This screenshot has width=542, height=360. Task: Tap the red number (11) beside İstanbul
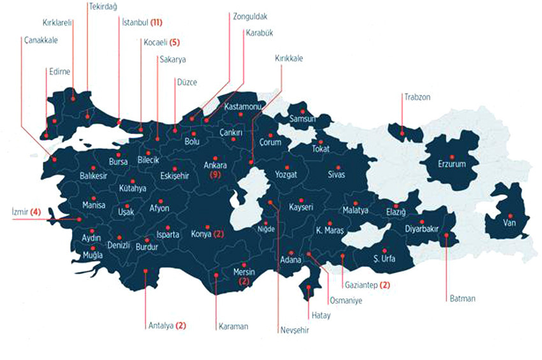point(156,23)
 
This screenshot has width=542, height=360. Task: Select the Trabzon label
point(417,97)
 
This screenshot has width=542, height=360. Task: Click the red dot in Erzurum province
point(452,157)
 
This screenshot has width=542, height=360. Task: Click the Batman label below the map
point(462,298)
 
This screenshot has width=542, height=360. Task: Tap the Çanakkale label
point(41,40)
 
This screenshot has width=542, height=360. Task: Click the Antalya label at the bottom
point(160,326)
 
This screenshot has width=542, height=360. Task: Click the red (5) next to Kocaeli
point(175,43)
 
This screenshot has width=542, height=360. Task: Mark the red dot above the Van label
point(510,216)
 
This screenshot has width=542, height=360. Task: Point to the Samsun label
point(303,119)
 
